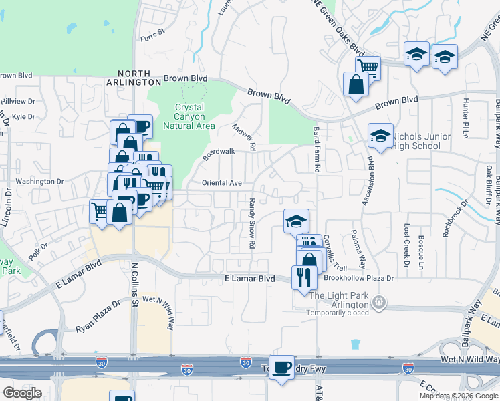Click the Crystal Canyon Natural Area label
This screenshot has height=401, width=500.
pos(195,116)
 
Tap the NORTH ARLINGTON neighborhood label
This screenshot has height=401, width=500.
pos(139,78)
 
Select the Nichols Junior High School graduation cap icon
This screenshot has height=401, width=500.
pos(380,136)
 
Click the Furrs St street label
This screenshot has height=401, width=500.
pos(152,31)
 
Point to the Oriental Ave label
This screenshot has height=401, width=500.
pos(221,183)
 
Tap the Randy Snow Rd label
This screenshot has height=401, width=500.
pos(253,233)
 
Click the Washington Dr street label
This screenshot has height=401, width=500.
pos(39,181)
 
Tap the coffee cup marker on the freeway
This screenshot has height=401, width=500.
pos(282,367)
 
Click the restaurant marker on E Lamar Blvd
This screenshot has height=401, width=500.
pos(303,277)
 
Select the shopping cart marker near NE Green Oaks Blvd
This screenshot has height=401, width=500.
pos(368,67)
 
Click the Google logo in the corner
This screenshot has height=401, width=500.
pos(22,392)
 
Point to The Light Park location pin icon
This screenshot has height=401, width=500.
pos(380,302)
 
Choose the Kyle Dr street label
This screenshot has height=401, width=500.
pos(23,116)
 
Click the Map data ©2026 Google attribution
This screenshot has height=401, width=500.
pos(458,396)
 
